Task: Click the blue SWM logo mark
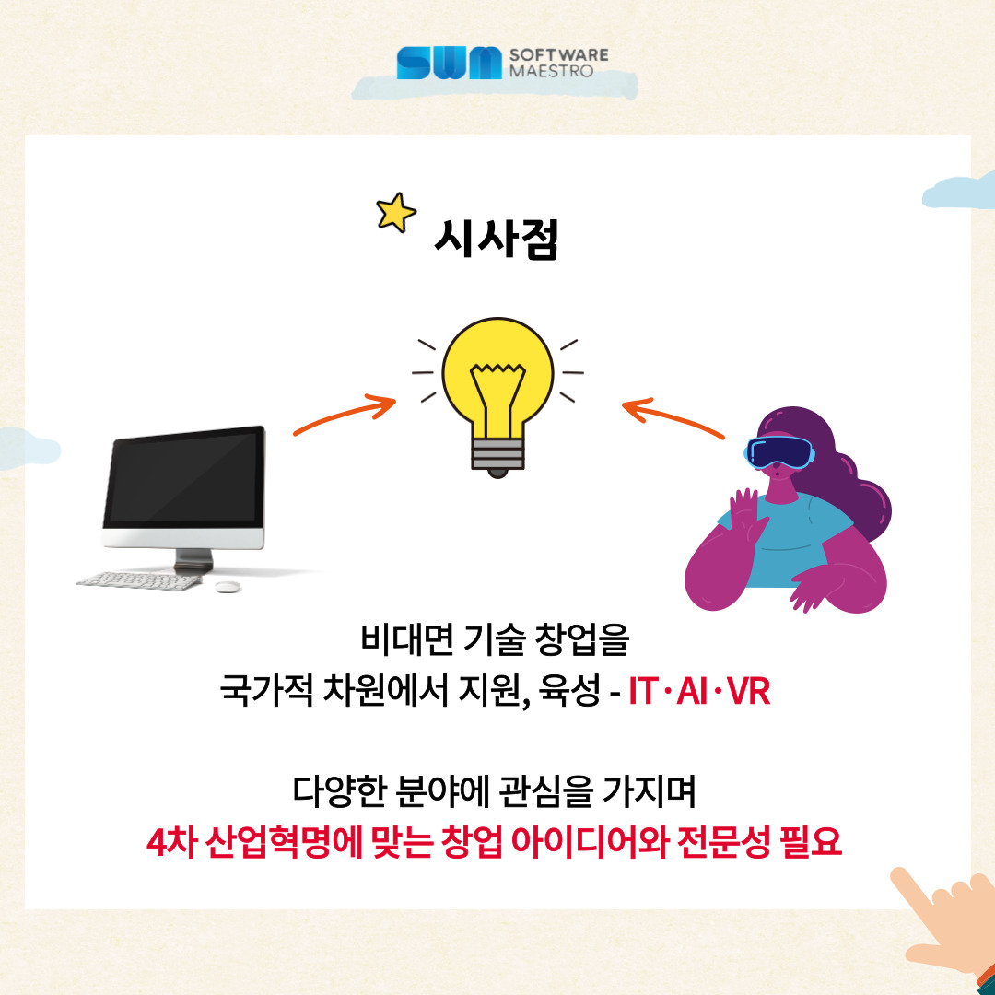(449, 63)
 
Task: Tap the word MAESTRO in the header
(551, 71)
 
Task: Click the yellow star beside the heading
(396, 212)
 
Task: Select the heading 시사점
(497, 239)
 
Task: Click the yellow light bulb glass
(497, 374)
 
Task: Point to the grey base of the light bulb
(497, 456)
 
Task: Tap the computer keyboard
(139, 580)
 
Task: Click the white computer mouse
(228, 586)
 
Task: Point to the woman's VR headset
(779, 452)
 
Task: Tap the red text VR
(749, 691)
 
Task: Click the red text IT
(643, 691)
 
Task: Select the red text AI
(692, 691)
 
